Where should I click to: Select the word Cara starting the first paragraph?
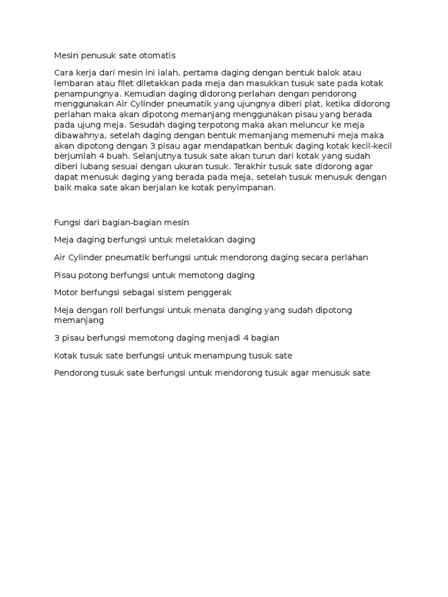(x=64, y=73)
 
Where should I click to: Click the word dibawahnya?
(x=80, y=135)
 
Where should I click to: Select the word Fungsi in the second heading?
(x=66, y=222)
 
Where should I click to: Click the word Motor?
(x=66, y=292)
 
